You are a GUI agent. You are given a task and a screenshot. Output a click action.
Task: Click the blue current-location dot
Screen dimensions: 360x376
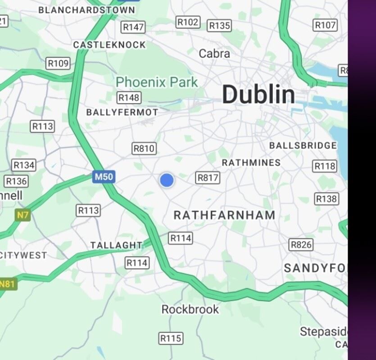pyautogui.click(x=167, y=180)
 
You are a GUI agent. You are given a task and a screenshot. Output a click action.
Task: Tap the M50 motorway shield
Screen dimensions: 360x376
pyautogui.click(x=104, y=177)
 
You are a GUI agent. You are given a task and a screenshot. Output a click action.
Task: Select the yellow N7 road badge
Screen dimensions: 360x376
pyautogui.click(x=23, y=216)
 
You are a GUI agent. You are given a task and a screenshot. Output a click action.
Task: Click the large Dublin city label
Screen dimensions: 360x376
pyautogui.click(x=258, y=95)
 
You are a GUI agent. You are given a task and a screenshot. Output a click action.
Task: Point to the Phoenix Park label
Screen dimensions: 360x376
pyautogui.click(x=157, y=82)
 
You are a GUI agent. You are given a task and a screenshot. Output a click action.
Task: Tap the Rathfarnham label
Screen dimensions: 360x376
pyautogui.click(x=224, y=216)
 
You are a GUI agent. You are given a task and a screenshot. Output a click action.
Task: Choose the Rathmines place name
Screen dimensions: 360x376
pyautogui.click(x=251, y=162)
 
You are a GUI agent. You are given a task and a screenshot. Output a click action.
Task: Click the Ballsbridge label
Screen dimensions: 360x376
pyautogui.click(x=303, y=145)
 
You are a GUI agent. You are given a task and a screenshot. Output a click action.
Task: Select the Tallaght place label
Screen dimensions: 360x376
pyautogui.click(x=116, y=245)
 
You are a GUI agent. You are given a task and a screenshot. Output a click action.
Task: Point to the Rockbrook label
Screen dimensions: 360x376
pyautogui.click(x=190, y=310)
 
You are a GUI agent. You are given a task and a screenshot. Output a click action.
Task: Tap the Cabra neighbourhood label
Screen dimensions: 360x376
pyautogui.click(x=214, y=54)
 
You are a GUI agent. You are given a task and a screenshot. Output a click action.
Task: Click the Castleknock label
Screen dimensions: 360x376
pyautogui.click(x=109, y=45)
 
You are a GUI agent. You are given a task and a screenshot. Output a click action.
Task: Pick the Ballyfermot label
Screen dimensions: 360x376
pyautogui.click(x=122, y=112)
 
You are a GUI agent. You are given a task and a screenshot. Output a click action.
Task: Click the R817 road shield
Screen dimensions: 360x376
pyautogui.click(x=208, y=178)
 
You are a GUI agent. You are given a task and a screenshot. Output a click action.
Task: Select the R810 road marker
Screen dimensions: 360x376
pyautogui.click(x=144, y=148)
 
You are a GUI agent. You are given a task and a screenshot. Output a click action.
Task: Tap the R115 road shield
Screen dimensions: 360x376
pyautogui.click(x=171, y=338)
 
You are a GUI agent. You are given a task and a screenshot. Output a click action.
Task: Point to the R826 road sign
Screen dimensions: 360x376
pyautogui.click(x=301, y=245)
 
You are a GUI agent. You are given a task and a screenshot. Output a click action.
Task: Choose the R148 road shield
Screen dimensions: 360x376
pyautogui.click(x=129, y=98)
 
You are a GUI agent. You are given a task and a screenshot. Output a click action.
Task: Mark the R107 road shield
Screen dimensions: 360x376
pyautogui.click(x=325, y=25)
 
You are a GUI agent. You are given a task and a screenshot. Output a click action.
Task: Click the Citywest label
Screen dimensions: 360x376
pyautogui.click(x=23, y=255)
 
